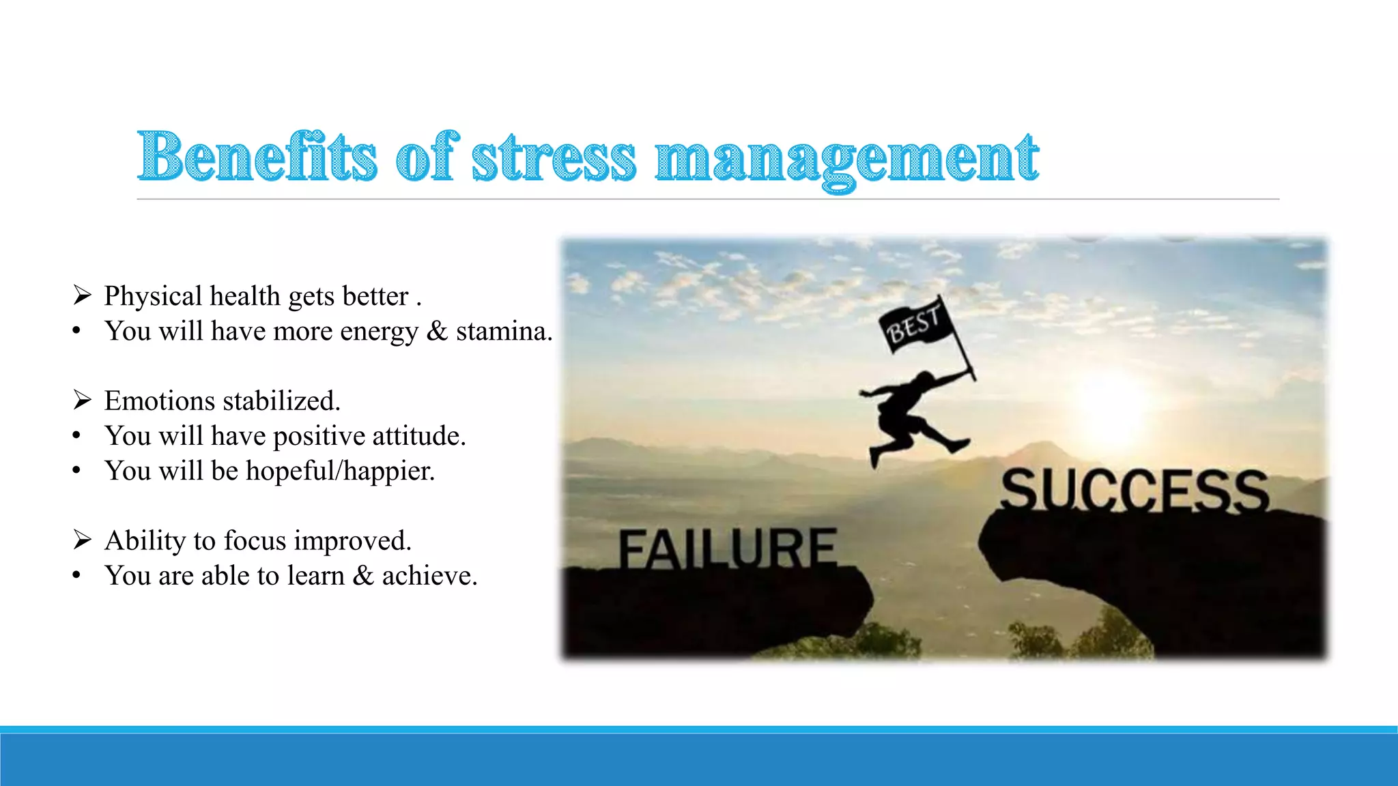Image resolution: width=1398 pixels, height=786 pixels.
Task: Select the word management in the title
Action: (x=846, y=158)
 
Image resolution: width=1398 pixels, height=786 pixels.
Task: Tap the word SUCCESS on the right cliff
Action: (x=1135, y=490)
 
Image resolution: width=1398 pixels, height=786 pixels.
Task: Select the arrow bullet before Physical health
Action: (x=83, y=296)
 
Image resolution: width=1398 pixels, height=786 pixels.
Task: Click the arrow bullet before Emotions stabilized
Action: (x=83, y=401)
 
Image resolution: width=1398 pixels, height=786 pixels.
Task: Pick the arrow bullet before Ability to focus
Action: (x=83, y=540)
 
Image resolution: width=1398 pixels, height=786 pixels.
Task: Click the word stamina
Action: (x=504, y=332)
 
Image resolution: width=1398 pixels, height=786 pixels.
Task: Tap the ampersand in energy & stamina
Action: (x=437, y=332)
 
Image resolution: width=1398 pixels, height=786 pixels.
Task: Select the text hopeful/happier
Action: (x=340, y=471)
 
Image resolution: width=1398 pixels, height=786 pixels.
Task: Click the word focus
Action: (x=255, y=541)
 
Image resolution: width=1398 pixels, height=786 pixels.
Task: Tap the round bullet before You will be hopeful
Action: (x=77, y=471)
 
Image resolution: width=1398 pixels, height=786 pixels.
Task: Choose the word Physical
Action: (x=153, y=297)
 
